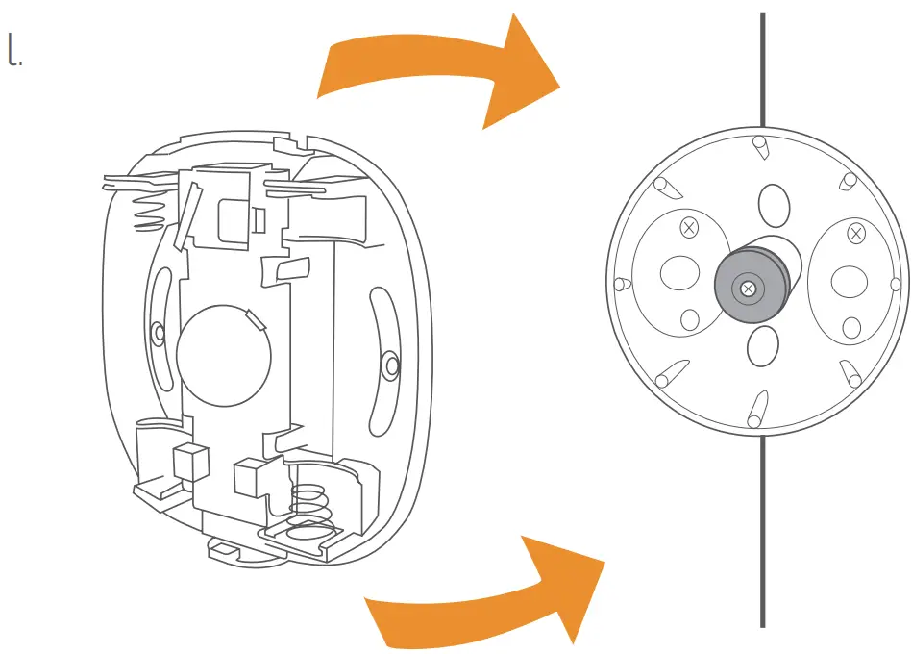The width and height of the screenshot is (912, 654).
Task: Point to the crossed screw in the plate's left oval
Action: click(688, 229)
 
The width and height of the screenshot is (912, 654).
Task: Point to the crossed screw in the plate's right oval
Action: click(855, 232)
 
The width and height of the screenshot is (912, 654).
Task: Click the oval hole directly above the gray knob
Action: click(776, 204)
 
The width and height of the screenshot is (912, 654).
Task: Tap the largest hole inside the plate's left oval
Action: click(678, 272)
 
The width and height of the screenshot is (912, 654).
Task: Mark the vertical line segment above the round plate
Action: click(763, 67)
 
